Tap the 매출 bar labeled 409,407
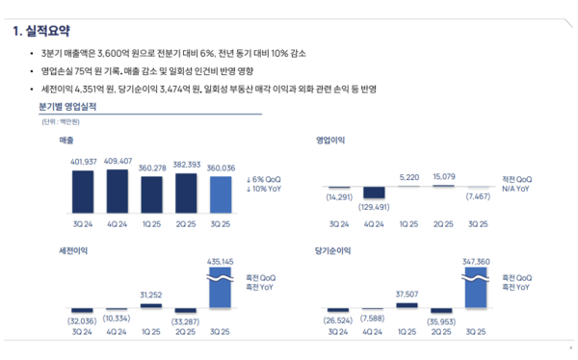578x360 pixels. (118, 190)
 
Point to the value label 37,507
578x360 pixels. (409, 294)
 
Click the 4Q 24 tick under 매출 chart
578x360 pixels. (118, 224)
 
